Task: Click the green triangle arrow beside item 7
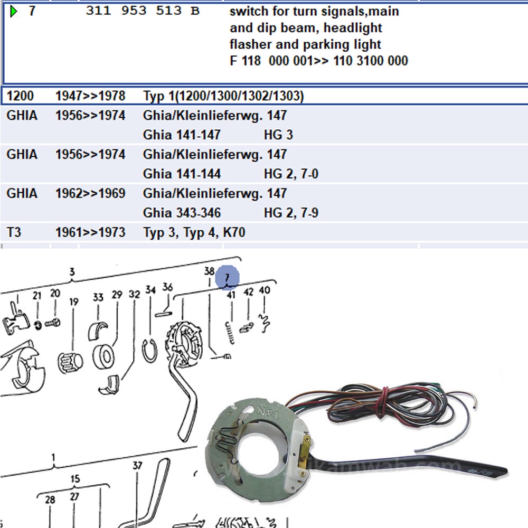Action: [x=14, y=11]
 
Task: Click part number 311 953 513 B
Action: [x=143, y=11]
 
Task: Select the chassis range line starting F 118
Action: [x=318, y=61]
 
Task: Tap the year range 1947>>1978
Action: [x=90, y=96]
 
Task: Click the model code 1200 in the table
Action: [x=20, y=96]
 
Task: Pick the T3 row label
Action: [x=14, y=232]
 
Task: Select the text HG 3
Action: [x=278, y=135]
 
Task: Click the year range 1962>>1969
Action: [x=90, y=194]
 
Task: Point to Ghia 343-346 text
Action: [x=182, y=213]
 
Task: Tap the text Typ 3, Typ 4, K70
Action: [x=194, y=232]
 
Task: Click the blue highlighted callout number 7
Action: [x=227, y=277]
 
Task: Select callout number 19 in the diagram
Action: [x=73, y=302]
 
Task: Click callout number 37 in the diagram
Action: [x=137, y=466]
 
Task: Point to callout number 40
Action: [x=265, y=290]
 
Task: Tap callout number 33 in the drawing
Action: [x=98, y=297]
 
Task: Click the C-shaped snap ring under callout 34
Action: [x=150, y=350]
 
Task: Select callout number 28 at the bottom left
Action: [x=50, y=499]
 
